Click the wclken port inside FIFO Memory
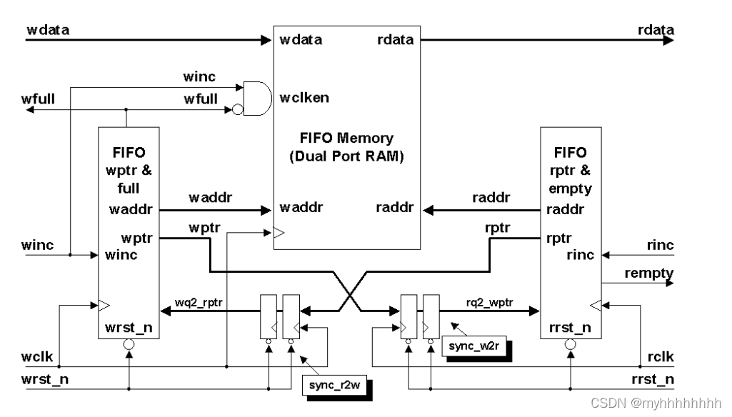(x=305, y=97)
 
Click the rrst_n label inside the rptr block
(x=571, y=327)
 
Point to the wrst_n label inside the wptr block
(x=129, y=327)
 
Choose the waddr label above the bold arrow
(x=208, y=196)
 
